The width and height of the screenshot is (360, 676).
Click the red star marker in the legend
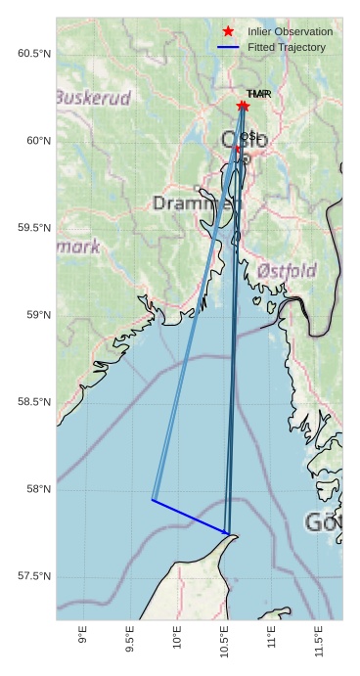point(229,31)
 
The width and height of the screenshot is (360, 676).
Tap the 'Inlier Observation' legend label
point(291,31)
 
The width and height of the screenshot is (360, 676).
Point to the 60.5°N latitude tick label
point(34,53)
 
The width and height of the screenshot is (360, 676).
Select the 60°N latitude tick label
point(38,141)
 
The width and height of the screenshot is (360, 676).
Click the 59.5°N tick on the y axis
point(34,228)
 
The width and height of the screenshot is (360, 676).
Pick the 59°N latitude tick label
point(38,315)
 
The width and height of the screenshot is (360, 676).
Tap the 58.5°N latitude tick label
point(34,402)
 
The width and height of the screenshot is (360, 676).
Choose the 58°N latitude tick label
point(38,489)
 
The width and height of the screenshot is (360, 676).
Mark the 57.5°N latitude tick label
point(34,576)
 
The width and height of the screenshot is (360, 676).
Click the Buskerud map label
point(92,98)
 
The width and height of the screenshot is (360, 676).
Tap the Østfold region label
point(287,270)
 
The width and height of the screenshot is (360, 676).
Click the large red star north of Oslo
point(243,106)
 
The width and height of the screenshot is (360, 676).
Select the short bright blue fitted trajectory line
point(191,518)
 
